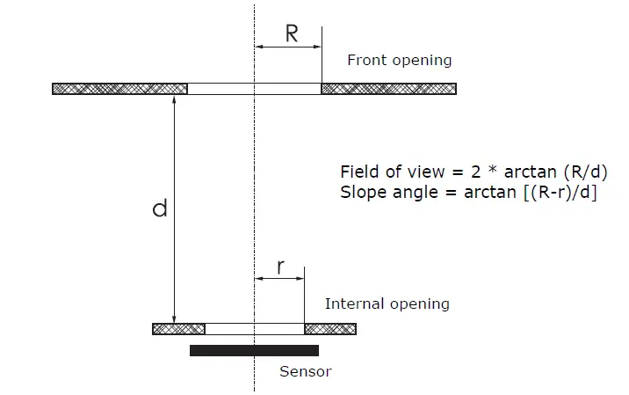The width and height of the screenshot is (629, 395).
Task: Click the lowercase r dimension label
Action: [280, 267]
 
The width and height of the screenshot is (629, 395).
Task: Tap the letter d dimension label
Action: [159, 209]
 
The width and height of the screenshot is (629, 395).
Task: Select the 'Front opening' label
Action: [399, 61]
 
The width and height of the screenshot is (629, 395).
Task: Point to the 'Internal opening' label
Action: [387, 304]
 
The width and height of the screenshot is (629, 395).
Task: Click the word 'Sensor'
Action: [305, 371]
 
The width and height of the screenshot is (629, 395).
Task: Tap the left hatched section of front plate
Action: [120, 89]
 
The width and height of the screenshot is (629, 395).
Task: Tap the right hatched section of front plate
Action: [388, 89]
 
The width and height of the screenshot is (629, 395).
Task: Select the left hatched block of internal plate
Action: [179, 329]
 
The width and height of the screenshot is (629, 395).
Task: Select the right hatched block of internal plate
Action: [330, 329]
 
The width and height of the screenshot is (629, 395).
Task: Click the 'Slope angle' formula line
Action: [468, 193]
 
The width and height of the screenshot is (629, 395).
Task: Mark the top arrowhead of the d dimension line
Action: [175, 99]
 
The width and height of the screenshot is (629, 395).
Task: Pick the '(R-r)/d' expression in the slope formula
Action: [561, 193]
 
